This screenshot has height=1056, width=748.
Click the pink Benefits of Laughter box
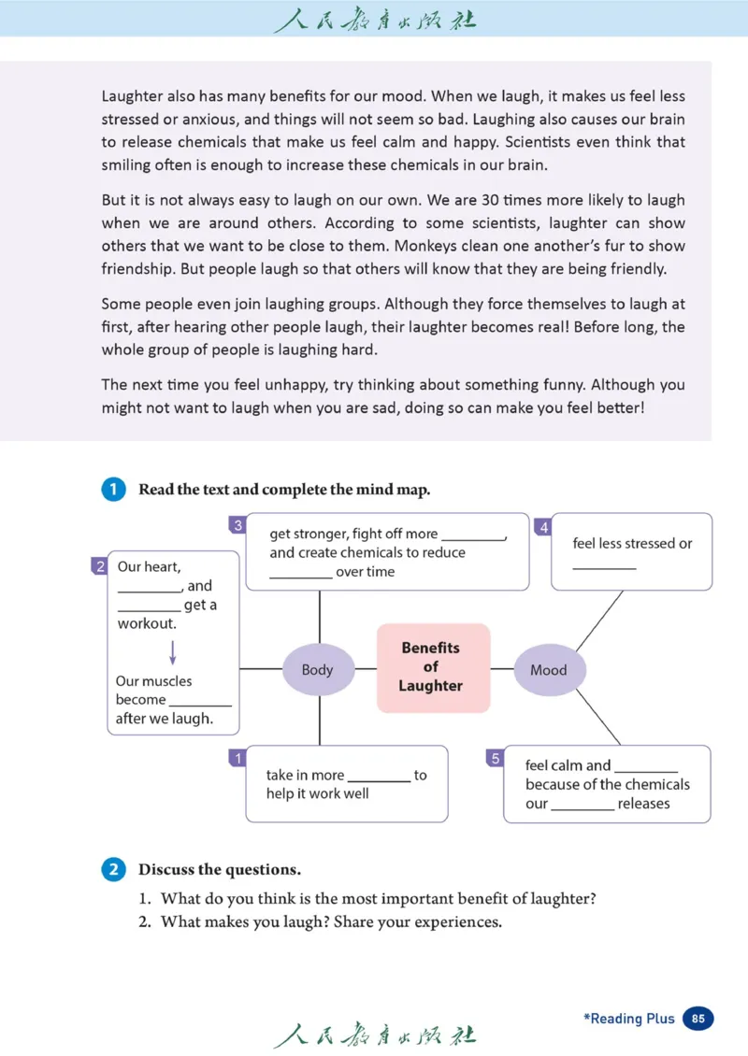click(431, 667)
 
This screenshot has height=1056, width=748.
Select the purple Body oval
click(318, 669)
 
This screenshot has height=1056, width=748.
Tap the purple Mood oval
click(549, 669)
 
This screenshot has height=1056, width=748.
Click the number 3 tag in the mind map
click(237, 525)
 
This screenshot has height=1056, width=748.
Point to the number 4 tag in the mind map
click(543, 527)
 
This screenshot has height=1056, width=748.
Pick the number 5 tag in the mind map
click(496, 758)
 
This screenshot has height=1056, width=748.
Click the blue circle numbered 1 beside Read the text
click(113, 490)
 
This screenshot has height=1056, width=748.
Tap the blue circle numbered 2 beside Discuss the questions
click(113, 869)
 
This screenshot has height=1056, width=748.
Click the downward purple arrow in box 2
click(173, 652)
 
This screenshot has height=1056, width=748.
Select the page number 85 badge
click(698, 1019)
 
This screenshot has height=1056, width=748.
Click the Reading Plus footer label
click(628, 1019)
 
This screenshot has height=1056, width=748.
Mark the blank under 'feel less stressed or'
click(604, 565)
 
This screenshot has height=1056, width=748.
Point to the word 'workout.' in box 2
click(147, 623)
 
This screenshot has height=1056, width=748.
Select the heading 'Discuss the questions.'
click(220, 869)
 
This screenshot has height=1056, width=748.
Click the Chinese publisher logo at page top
click(374, 19)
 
